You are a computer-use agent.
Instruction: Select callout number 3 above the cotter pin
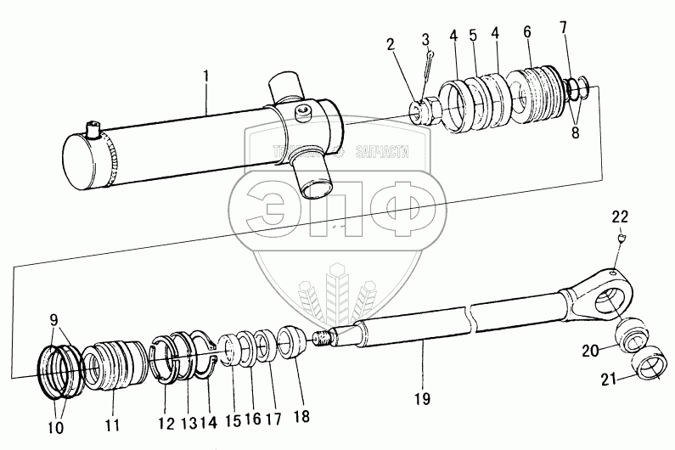[427, 41]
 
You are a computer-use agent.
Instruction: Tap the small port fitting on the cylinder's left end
[91, 132]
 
